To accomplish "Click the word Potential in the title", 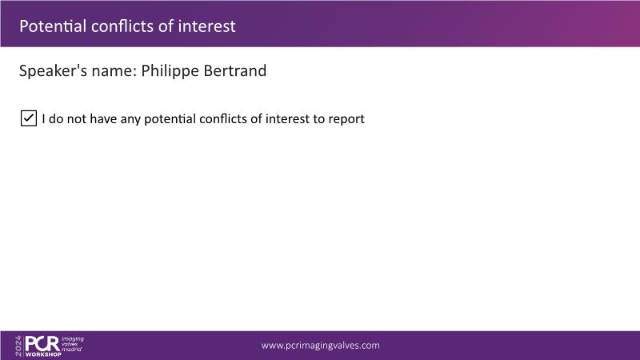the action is pyautogui.click(x=53, y=26).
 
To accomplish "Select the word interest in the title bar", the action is pyautogui.click(x=206, y=26).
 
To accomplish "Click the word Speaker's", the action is pyautogui.click(x=53, y=71).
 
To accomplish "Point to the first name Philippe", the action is pyautogui.click(x=170, y=71).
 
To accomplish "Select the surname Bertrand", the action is pyautogui.click(x=234, y=70).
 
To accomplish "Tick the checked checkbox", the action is pyautogui.click(x=29, y=118).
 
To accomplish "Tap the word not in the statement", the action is pyautogui.click(x=76, y=118).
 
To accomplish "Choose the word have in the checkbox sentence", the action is pyautogui.click(x=103, y=118).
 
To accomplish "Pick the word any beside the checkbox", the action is pyautogui.click(x=130, y=119).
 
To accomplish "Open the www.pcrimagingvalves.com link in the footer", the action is pyautogui.click(x=321, y=346).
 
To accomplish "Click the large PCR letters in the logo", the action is pyautogui.click(x=42, y=344).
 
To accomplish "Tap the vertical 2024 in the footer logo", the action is pyautogui.click(x=18, y=346).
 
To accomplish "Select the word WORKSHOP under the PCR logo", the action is pyautogui.click(x=43, y=354).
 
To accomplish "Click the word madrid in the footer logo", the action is pyautogui.click(x=71, y=350).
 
